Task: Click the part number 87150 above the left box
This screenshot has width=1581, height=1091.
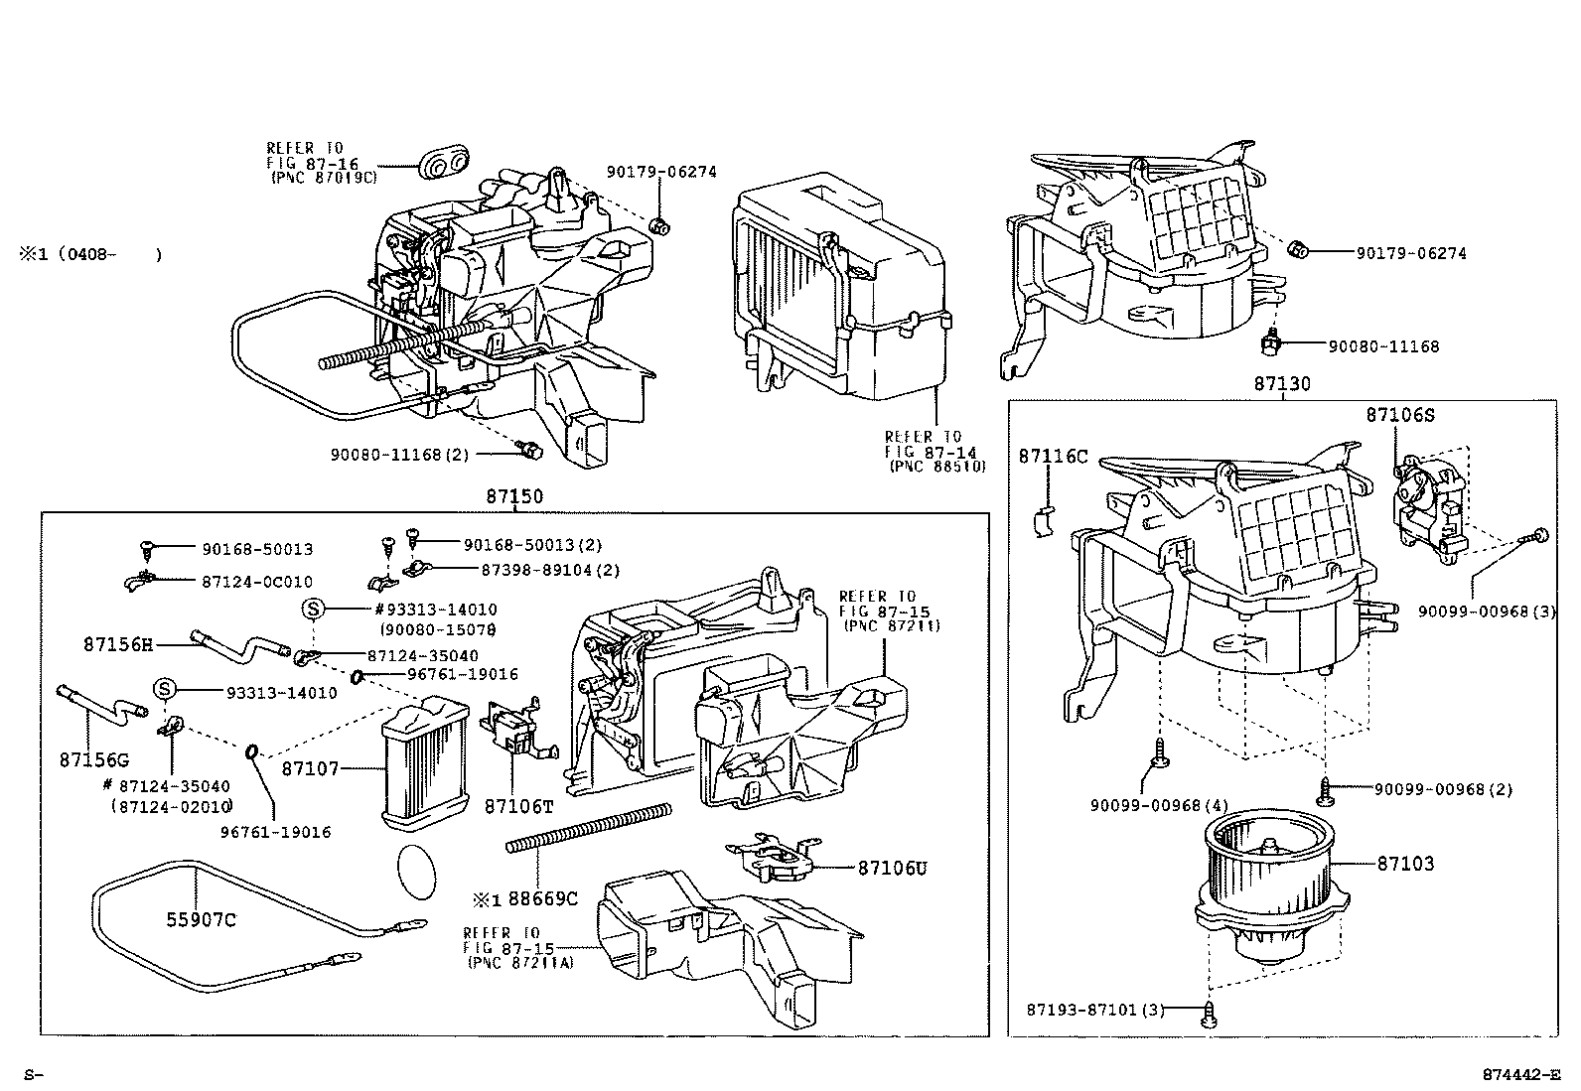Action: point(514,497)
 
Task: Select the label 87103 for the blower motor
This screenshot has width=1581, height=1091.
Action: point(1405,864)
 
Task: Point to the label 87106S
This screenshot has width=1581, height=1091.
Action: point(1399,416)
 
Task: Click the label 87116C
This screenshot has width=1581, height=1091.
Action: point(1053,457)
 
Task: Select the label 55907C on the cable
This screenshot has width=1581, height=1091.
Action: point(201,920)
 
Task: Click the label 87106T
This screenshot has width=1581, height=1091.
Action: point(518,807)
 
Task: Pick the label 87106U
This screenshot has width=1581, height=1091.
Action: point(892,868)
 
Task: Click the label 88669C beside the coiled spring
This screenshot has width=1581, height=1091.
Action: point(542,899)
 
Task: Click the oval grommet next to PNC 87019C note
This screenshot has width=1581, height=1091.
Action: point(444,165)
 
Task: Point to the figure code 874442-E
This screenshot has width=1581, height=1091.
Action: point(1520,1074)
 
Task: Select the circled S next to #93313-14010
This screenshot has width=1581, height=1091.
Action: point(313,610)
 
